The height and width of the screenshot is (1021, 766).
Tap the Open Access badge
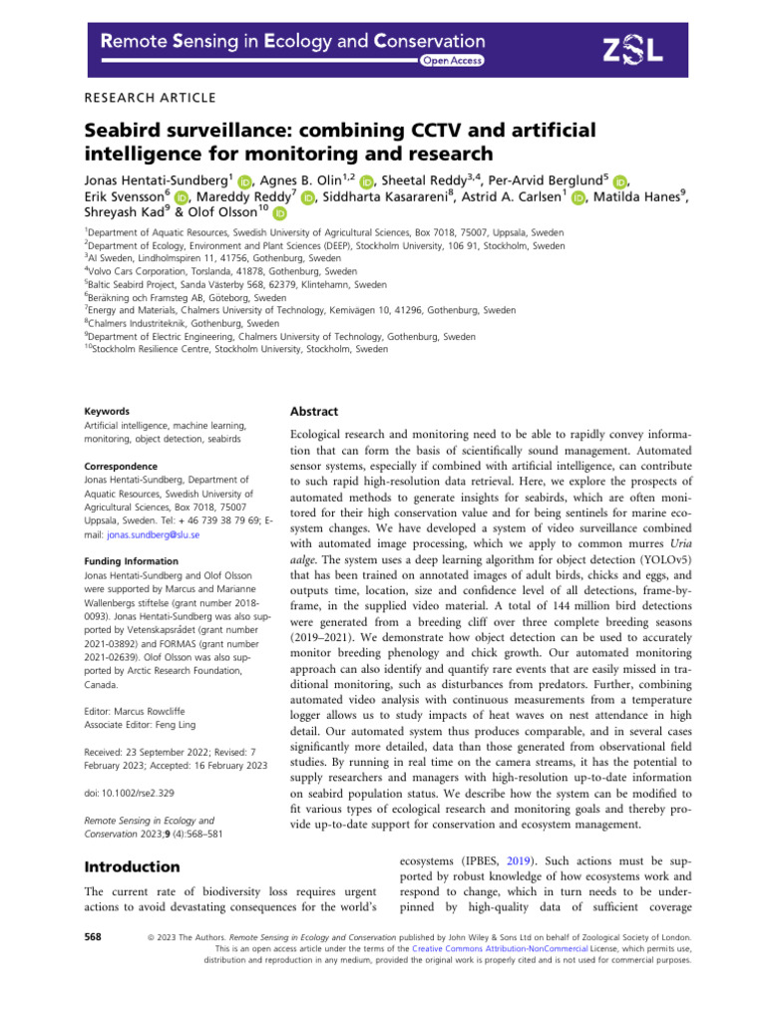point(453,61)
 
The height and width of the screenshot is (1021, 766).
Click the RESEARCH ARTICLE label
point(145,97)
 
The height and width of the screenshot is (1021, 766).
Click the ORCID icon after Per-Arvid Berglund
point(620,180)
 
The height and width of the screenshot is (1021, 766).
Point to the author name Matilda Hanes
point(638,197)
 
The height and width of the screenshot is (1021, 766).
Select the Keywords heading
point(108,411)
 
